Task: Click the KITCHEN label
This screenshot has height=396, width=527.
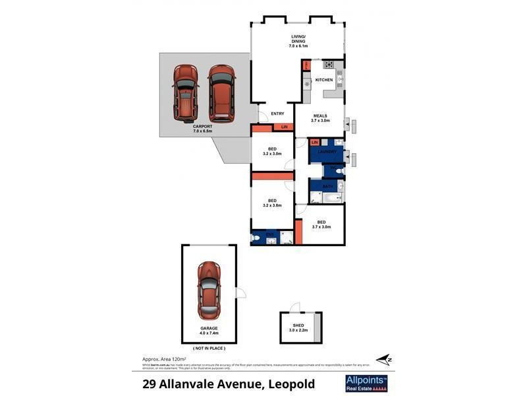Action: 324,80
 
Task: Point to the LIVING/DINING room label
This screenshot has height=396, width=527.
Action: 299,42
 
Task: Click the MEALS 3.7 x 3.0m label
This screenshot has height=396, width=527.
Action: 320,118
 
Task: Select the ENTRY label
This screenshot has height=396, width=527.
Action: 277,114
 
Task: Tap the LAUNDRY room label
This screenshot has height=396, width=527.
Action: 327,152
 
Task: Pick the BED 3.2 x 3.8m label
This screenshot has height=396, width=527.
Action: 271,203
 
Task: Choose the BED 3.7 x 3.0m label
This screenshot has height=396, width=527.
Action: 321,224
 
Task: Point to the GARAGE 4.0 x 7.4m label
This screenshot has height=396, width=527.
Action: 209,331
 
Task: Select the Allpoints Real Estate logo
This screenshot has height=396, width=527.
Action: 367,383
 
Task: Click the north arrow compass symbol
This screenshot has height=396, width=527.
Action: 389,360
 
